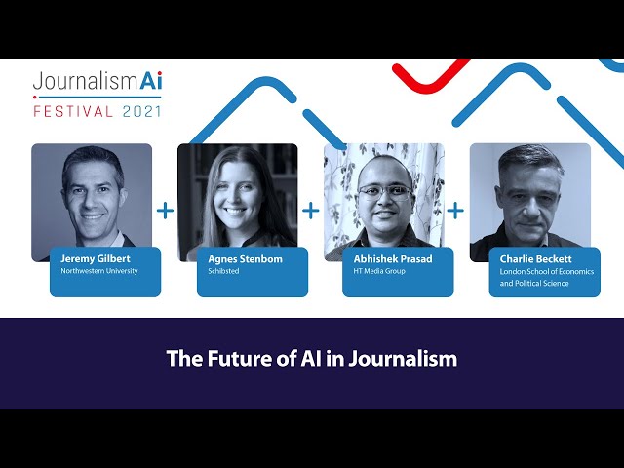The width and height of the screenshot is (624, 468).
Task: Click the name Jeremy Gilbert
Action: click(x=96, y=259)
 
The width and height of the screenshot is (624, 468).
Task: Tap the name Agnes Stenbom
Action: click(x=245, y=259)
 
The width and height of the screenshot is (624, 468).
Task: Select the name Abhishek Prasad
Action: click(x=393, y=259)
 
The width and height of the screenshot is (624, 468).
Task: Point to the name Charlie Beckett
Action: click(x=535, y=259)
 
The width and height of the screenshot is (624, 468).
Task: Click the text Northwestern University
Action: click(x=99, y=271)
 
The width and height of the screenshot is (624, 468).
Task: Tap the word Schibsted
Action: click(x=223, y=271)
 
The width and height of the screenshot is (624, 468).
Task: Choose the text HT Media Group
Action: click(x=379, y=271)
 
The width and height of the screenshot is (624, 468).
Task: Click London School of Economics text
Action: click(x=547, y=271)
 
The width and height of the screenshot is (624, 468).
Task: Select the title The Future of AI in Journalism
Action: click(x=312, y=359)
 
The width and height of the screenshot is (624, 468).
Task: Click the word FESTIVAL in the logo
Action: click(x=73, y=111)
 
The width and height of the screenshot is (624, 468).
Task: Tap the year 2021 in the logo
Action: click(x=141, y=111)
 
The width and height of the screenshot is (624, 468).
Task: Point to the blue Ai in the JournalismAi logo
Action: click(x=151, y=80)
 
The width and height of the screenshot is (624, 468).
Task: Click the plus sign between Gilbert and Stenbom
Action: click(x=165, y=211)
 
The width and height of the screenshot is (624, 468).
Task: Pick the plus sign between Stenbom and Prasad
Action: click(x=310, y=211)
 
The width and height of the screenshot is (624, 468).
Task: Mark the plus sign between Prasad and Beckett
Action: click(x=455, y=211)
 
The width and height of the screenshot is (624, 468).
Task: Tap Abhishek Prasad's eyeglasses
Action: click(x=385, y=193)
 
